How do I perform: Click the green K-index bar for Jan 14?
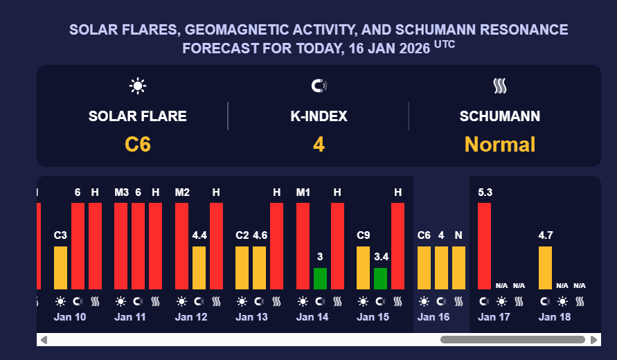[320, 278]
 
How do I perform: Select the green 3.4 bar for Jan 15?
[380, 278]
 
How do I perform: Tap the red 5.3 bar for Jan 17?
[484, 246]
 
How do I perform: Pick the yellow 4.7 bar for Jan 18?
[545, 267]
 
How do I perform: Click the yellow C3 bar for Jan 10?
[60, 267]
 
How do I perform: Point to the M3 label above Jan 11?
[121, 192]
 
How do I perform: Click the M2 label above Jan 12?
[182, 192]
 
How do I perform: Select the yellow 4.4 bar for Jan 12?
[199, 267]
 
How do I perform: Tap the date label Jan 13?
[251, 317]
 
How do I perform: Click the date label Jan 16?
[433, 317]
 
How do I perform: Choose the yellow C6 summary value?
[138, 145]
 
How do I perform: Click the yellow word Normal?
[500, 145]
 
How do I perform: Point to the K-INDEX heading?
[319, 116]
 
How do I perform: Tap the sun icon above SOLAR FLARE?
[138, 86]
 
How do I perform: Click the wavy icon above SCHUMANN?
[500, 86]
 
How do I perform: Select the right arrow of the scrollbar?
[594, 340]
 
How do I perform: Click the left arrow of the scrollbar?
[44, 340]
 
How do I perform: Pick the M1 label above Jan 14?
[303, 192]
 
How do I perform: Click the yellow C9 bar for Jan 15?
[363, 267]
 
